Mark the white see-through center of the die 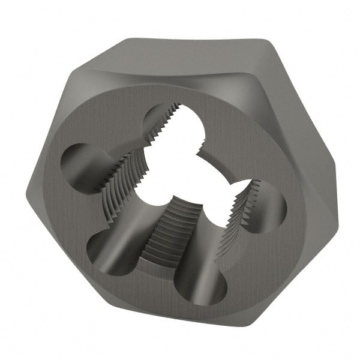point(186,180)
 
